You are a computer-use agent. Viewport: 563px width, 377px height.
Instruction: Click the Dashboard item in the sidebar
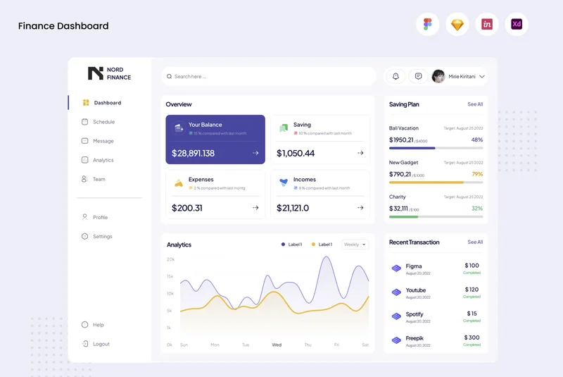(107, 103)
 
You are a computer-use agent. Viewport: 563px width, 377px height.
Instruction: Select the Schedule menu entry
(103, 122)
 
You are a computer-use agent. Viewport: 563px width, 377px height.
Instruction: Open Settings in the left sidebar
(102, 237)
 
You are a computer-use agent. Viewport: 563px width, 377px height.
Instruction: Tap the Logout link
(101, 344)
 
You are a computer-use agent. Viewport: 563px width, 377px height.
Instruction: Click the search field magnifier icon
(169, 76)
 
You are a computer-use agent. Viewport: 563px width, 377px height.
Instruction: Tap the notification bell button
(396, 76)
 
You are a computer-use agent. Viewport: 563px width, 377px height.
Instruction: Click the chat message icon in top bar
(418, 76)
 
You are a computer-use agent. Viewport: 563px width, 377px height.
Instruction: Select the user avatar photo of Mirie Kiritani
(438, 76)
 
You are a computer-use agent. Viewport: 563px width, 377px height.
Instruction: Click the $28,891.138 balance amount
(193, 153)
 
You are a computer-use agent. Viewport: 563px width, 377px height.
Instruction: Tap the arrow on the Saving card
(360, 153)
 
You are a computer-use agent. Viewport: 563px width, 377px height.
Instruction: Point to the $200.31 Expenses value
(187, 208)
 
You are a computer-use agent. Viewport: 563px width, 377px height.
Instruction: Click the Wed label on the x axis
(277, 345)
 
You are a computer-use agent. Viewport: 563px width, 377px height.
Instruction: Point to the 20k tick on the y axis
(170, 259)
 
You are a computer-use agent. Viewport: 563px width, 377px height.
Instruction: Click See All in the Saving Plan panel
(475, 104)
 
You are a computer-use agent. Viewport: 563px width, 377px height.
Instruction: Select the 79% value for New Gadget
(477, 174)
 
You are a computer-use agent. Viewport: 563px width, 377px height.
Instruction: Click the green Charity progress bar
(398, 216)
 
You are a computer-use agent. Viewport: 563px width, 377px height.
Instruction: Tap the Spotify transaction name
(415, 314)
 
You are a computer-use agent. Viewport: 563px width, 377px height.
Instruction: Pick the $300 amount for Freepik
(472, 338)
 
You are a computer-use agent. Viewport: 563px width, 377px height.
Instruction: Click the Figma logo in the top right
(427, 25)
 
